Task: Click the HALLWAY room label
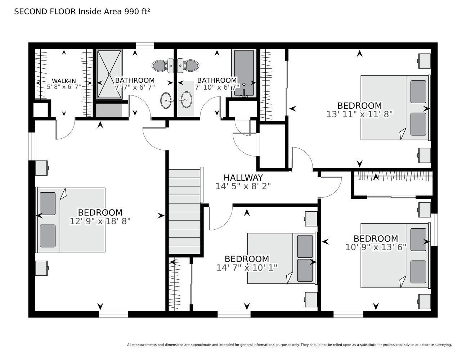pyautogui.click(x=243, y=177)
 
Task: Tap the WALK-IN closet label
pyautogui.click(x=64, y=81)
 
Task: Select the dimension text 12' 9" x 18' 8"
pyautogui.click(x=100, y=221)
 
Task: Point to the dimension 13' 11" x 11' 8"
pyautogui.click(x=360, y=114)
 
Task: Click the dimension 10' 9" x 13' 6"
pyautogui.click(x=376, y=247)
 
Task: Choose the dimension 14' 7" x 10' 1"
pyautogui.click(x=247, y=267)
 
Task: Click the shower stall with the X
pyautogui.click(x=109, y=75)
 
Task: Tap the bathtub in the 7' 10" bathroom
pyautogui.click(x=244, y=73)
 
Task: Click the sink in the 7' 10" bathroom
pyautogui.click(x=185, y=100)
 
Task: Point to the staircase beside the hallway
pyautogui.click(x=184, y=212)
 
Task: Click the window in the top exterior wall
pyautogui.click(x=145, y=46)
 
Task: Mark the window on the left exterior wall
pyautogui.click(x=32, y=147)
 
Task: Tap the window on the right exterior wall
pyautogui.click(x=434, y=230)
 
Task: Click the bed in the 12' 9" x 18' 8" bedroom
pyautogui.click(x=71, y=220)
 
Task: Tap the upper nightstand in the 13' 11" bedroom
pyautogui.click(x=424, y=61)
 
